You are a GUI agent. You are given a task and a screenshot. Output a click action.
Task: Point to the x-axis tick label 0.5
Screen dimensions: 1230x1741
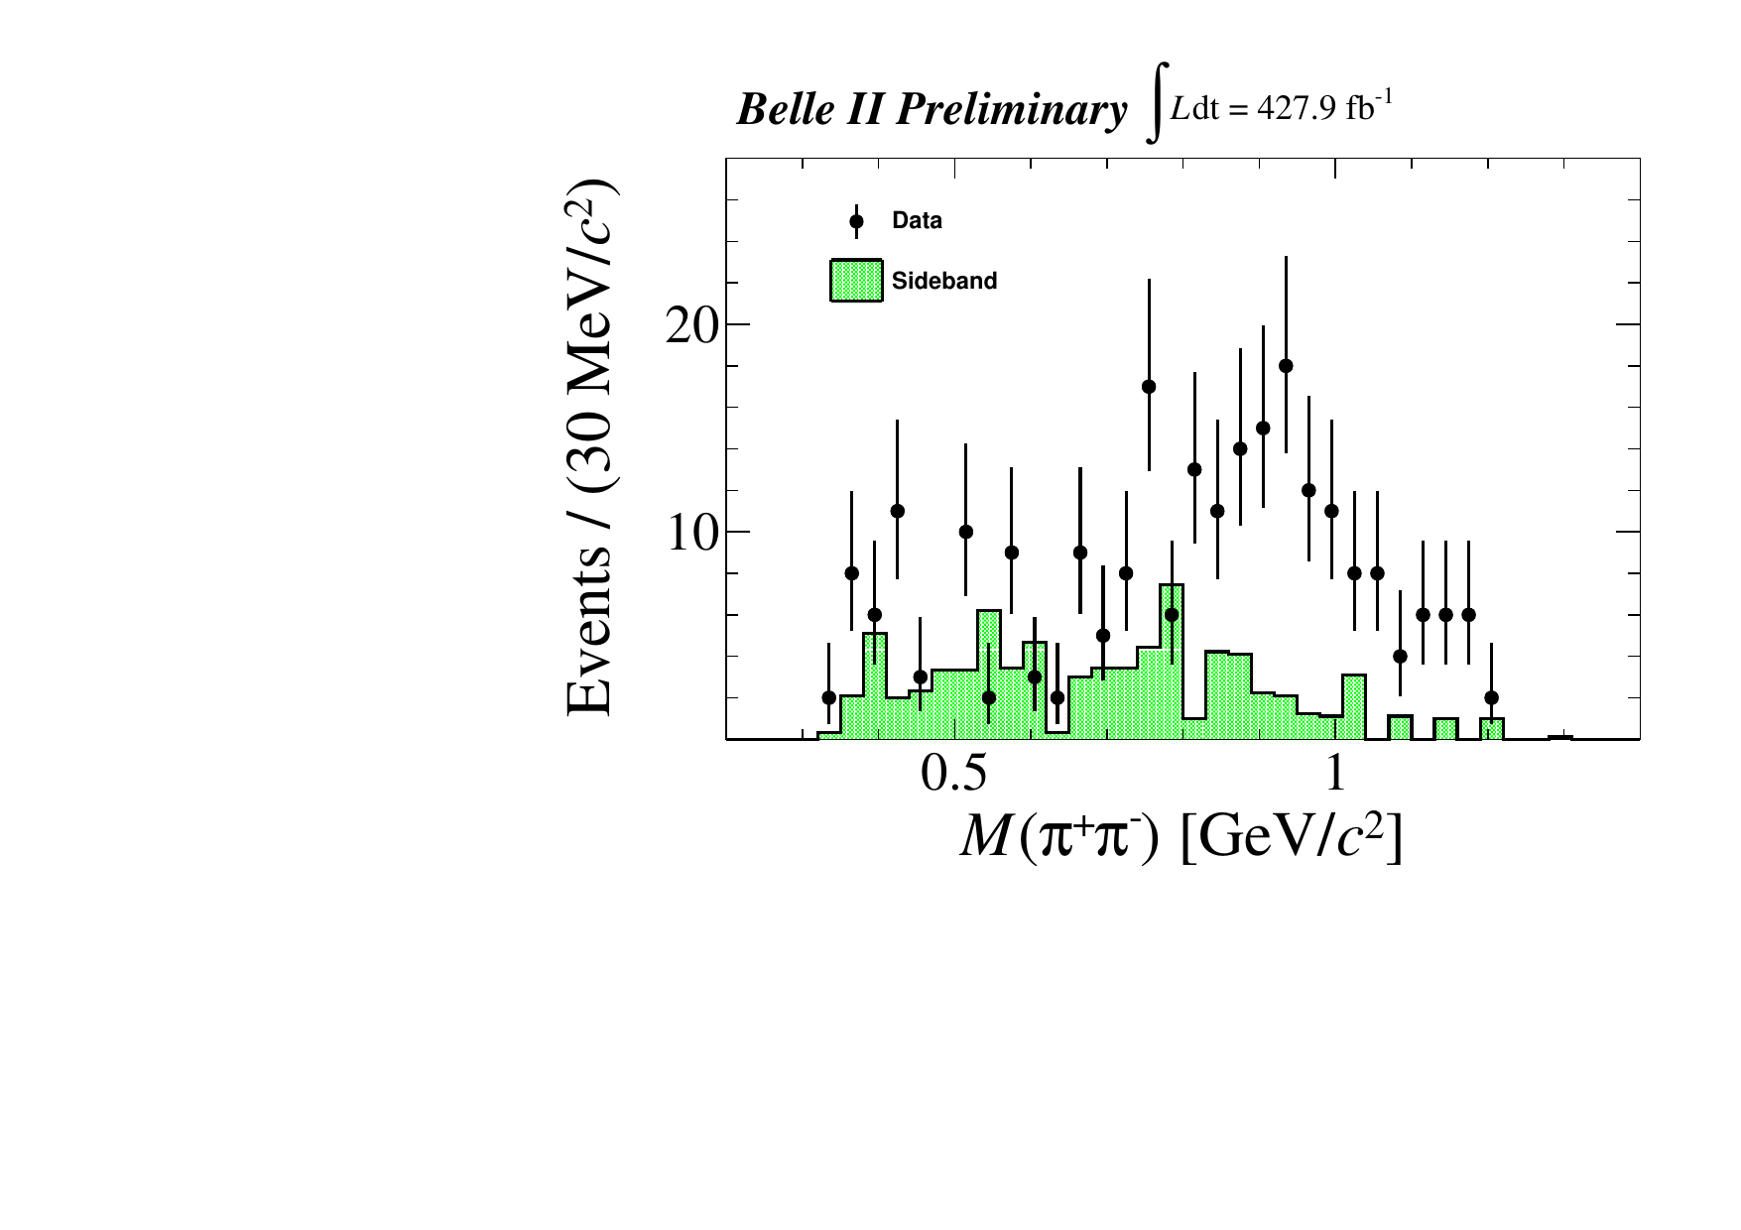click(954, 775)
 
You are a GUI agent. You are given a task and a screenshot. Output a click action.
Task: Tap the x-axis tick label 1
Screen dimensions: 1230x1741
click(1334, 775)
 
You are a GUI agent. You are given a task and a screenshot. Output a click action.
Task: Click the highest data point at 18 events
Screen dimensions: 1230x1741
click(1286, 366)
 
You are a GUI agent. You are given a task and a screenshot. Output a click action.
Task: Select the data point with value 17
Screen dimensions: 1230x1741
click(1149, 387)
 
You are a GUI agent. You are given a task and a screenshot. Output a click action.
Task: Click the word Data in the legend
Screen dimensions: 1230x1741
click(917, 220)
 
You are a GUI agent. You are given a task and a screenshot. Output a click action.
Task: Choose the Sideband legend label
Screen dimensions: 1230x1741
click(943, 281)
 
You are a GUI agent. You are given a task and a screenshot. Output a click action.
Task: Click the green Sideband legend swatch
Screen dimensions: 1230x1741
click(856, 281)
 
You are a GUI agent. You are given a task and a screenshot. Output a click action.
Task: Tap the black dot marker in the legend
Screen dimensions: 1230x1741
click(856, 221)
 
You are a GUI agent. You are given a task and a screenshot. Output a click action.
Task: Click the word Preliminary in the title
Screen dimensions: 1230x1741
click(1010, 111)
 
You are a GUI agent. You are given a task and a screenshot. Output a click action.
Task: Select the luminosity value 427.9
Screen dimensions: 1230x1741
click(1297, 111)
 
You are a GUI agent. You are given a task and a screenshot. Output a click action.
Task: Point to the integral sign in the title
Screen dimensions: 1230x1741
click(1154, 111)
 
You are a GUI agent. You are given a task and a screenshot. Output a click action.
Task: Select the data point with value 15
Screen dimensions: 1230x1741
click(1263, 429)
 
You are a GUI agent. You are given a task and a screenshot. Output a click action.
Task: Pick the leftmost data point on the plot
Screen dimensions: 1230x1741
click(829, 697)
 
